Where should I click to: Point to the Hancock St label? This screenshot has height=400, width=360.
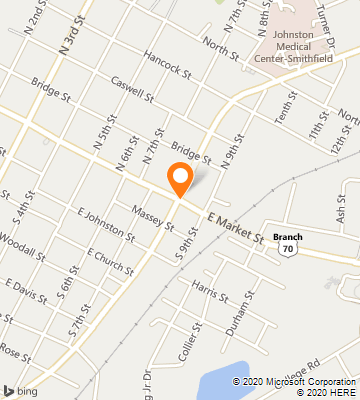coord(167,65)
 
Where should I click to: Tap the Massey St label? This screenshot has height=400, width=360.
coord(153,214)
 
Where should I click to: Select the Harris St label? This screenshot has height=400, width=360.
coord(210,292)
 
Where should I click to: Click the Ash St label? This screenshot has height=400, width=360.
coord(342,207)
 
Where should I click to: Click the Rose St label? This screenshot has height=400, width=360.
coord(14,349)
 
